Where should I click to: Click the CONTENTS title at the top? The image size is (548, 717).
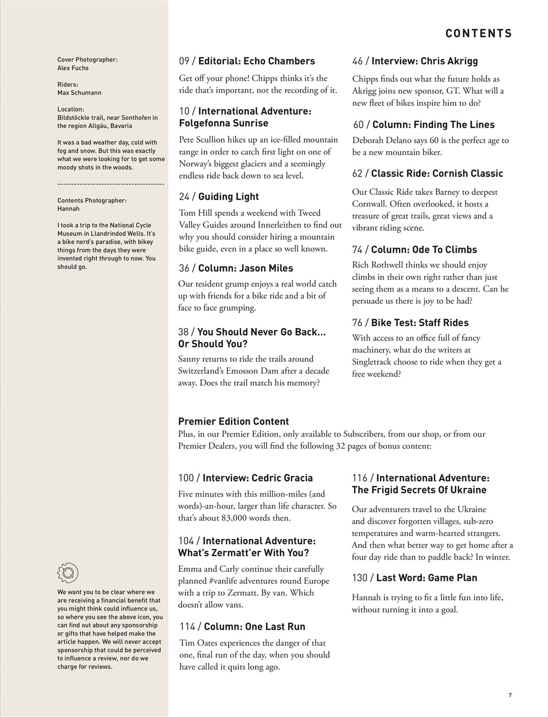479,34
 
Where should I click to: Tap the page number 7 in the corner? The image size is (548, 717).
510,696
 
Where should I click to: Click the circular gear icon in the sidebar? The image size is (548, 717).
68,572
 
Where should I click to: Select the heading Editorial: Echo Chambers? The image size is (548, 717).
257,61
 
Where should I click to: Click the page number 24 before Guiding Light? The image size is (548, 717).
185,197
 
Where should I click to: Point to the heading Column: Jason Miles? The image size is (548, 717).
245,268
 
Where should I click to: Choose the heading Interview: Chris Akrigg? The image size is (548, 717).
424,61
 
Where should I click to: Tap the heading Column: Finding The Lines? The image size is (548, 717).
433,125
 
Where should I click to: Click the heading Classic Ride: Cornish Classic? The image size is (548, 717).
437,174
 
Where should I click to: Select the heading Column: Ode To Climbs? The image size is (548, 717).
424,250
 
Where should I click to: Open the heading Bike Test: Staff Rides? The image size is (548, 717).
419,323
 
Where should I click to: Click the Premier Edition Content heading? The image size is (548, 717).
233,422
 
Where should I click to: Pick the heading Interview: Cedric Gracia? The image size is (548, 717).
257,478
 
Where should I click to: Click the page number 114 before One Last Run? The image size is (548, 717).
188,627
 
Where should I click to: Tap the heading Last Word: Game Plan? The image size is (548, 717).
426,578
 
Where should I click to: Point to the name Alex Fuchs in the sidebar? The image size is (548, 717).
73,68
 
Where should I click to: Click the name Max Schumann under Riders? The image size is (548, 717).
79,93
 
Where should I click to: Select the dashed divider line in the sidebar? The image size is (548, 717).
110,184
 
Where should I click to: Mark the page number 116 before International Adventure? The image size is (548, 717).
360,478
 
